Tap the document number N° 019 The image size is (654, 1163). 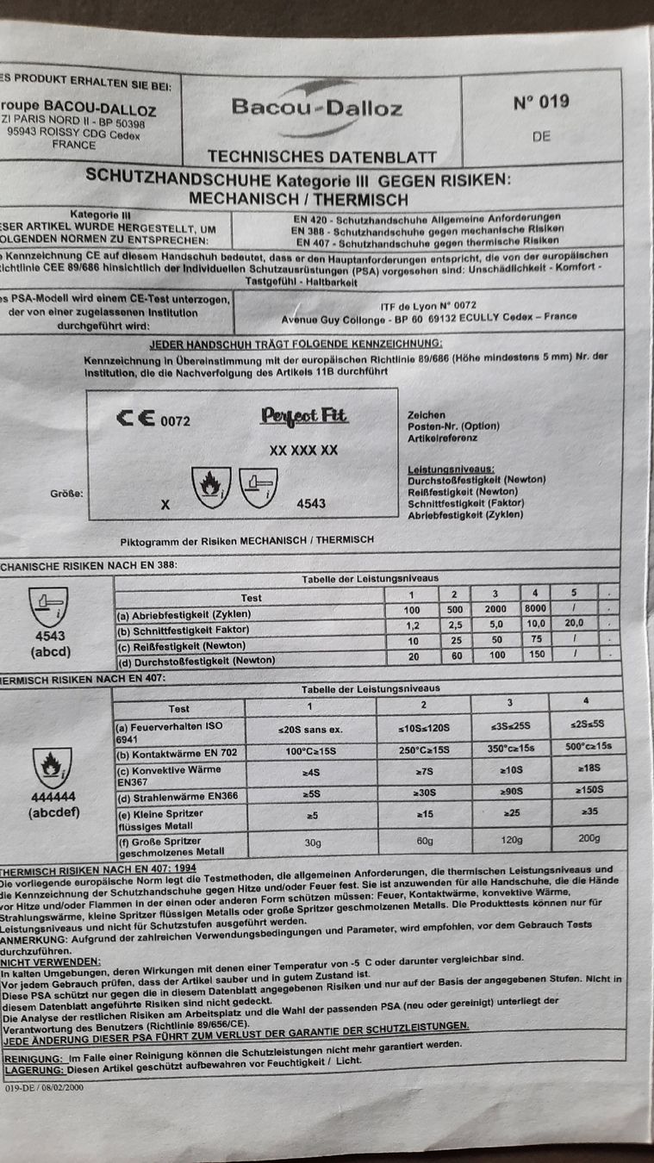(x=540, y=103)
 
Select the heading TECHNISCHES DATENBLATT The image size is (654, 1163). (x=321, y=157)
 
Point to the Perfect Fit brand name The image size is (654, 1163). (x=304, y=416)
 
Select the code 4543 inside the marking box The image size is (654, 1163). (x=310, y=502)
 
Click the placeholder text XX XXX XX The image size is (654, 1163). (x=303, y=450)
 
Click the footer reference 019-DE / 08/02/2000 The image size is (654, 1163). (x=45, y=1088)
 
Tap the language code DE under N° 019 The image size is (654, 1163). (x=541, y=136)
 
